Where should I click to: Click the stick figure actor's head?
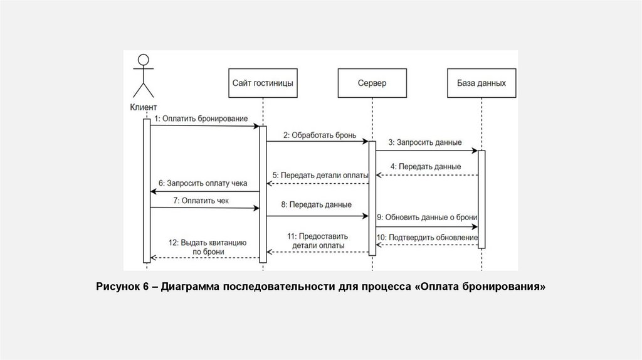pos(144,60)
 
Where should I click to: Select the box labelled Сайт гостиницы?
pos(263,83)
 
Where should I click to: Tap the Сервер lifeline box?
pos(372,83)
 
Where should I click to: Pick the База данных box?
pos(481,83)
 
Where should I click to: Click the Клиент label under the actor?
pos(144,107)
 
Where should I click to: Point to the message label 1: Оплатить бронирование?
pos(201,118)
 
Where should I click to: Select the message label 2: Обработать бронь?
pos(319,134)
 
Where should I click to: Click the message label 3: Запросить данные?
pos(425,142)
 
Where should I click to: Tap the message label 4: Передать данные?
pos(426,167)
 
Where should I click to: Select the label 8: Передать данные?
pos(316,204)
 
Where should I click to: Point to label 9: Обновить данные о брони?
pos(428,217)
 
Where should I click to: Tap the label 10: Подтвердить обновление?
pos(428,238)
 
